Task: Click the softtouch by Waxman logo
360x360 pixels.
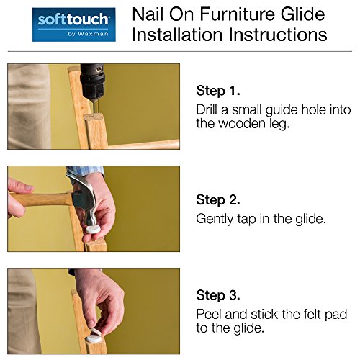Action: pos(74,24)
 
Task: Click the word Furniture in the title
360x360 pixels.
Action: pos(238,14)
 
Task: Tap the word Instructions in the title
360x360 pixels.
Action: pos(278,35)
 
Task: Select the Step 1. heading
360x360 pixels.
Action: pos(218,91)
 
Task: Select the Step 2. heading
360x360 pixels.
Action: pos(218,199)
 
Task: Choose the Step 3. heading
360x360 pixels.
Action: pos(218,295)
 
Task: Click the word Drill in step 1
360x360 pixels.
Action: pos(207,109)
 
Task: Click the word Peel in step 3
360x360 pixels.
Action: pos(210,314)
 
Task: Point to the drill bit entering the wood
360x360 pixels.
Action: pos(94,108)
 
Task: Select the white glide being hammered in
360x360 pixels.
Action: pos(93,229)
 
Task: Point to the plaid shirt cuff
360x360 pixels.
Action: pos(86,171)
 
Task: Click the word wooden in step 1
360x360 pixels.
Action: pos(242,123)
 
